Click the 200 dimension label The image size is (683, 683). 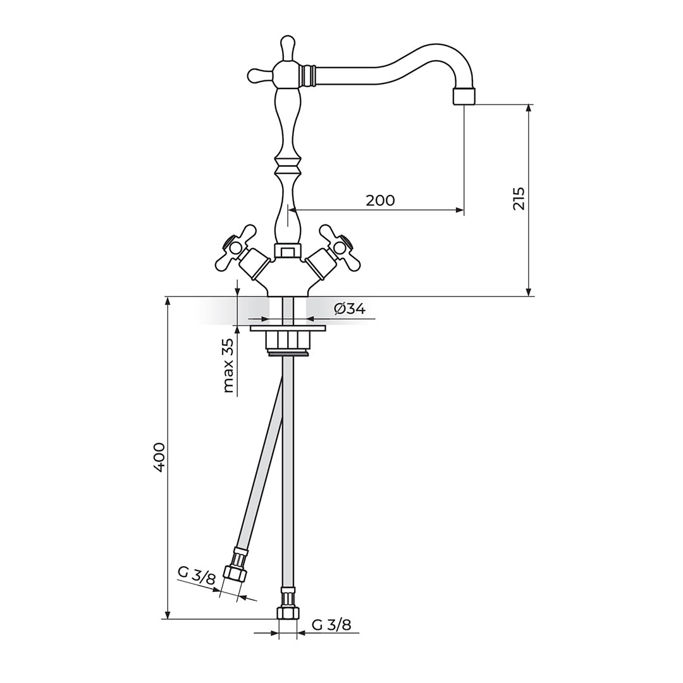380,200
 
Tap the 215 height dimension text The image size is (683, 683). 519,199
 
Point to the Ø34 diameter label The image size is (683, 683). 350,309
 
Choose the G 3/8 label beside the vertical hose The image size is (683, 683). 331,625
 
